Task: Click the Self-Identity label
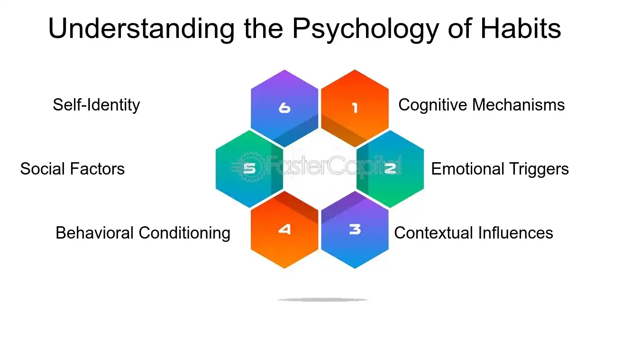(96, 105)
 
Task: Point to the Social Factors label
(72, 169)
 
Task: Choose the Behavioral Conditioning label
(143, 233)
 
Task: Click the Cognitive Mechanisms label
(481, 105)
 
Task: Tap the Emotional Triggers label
(500, 169)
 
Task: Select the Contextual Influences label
(474, 233)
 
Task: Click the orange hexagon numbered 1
(355, 108)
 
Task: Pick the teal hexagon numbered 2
(390, 169)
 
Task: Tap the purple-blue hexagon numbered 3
(355, 230)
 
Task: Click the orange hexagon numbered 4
(284, 230)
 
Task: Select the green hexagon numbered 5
(249, 169)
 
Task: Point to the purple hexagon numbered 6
(284, 108)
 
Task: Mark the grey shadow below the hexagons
(323, 300)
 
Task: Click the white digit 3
(355, 230)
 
